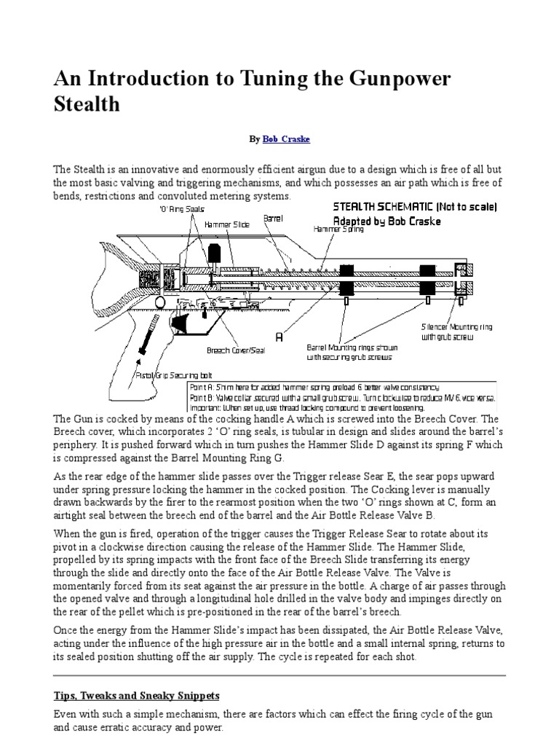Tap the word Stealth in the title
87,103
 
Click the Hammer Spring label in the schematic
338,229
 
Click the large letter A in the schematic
279,338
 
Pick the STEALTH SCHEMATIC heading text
414,206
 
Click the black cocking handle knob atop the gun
215,252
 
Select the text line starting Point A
314,387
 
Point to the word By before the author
254,138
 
